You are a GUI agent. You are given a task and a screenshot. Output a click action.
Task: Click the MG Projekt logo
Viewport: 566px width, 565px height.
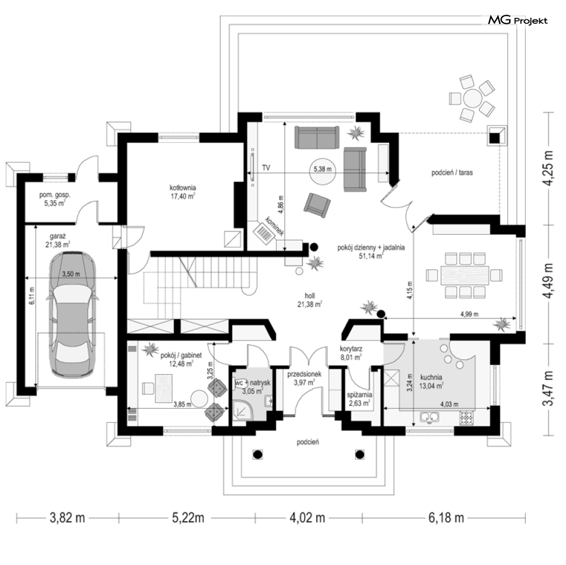517,20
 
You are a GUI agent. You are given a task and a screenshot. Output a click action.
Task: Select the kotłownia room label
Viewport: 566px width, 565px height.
183,192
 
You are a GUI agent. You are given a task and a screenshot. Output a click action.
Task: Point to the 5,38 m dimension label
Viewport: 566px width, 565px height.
323,169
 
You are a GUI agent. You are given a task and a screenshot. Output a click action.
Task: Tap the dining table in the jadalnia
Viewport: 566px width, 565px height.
464,275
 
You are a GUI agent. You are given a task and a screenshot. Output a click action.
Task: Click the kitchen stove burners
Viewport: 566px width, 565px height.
466,417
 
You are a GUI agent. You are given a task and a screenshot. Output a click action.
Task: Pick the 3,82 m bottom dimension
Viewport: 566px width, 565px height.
68,518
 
